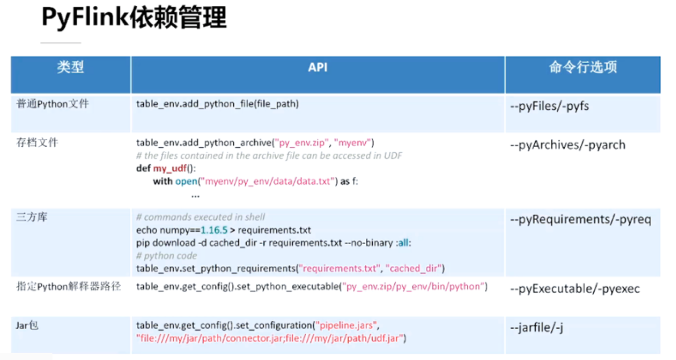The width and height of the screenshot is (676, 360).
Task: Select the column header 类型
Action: [x=70, y=67]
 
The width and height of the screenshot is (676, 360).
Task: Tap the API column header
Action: [x=318, y=67]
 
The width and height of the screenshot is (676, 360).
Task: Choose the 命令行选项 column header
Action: [x=582, y=67]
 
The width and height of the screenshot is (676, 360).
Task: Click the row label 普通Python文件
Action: [x=53, y=104]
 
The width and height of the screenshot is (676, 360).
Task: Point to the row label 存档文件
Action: [x=37, y=142]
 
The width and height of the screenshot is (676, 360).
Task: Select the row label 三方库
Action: [x=32, y=217]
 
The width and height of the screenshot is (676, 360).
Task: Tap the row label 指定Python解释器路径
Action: [x=68, y=286]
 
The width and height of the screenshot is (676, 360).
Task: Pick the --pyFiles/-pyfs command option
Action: [x=549, y=106]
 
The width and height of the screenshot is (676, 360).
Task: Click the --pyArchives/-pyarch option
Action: [x=568, y=145]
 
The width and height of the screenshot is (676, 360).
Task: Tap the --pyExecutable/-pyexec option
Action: [x=575, y=289]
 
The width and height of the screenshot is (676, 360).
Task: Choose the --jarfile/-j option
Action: [x=537, y=327]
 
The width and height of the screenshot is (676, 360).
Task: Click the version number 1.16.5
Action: [x=215, y=230]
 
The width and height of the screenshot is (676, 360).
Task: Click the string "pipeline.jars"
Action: [x=348, y=326]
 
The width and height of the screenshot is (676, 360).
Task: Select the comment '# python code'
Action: [x=166, y=256]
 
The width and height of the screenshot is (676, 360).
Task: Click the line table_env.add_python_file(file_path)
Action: [x=217, y=104]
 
